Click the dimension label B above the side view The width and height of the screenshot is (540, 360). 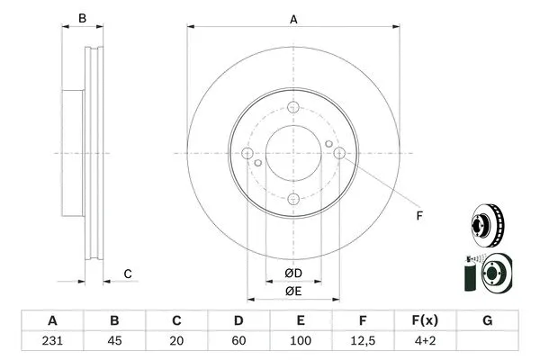pyautogui.click(x=82, y=18)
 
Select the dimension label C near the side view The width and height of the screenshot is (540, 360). pyautogui.click(x=128, y=274)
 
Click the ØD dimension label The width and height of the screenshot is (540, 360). pyautogui.click(x=293, y=273)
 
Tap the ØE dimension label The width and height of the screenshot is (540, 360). pyautogui.click(x=293, y=291)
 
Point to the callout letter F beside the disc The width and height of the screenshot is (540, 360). pyautogui.click(x=418, y=214)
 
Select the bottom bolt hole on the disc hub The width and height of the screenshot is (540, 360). pyautogui.click(x=293, y=199)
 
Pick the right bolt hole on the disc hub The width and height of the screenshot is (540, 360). pyautogui.click(x=338, y=154)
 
